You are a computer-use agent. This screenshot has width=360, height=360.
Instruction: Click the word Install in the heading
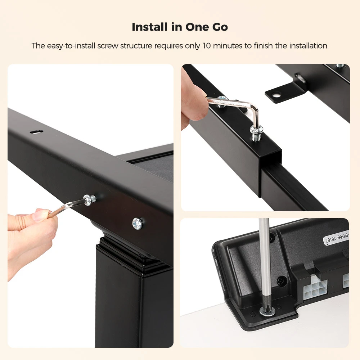click(x=150, y=27)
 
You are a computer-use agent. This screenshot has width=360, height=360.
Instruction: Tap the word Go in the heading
click(x=220, y=27)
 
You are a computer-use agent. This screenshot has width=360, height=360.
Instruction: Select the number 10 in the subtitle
click(x=206, y=46)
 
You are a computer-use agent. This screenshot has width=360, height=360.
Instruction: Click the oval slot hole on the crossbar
click(x=36, y=132)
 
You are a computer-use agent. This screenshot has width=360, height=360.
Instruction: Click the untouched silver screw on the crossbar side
click(x=137, y=224)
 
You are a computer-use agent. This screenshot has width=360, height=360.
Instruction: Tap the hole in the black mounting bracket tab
click(x=276, y=94)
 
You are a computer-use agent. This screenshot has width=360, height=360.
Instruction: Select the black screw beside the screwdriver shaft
click(x=282, y=281)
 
